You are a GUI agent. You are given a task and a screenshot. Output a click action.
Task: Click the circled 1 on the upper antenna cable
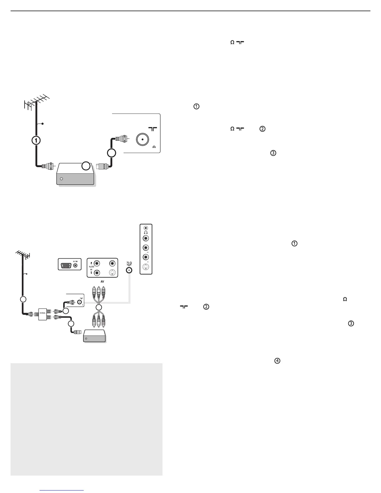click(x=36, y=140)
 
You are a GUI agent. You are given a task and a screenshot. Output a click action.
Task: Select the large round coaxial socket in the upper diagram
click(x=142, y=140)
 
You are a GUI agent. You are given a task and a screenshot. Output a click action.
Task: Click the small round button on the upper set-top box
click(x=61, y=179)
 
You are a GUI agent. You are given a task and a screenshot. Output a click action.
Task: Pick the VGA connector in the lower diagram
click(x=65, y=266)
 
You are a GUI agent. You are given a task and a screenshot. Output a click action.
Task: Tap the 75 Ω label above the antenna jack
click(x=129, y=263)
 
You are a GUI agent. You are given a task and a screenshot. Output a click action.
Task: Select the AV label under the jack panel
click(x=102, y=281)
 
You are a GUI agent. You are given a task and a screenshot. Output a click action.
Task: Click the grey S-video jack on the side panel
click(x=146, y=267)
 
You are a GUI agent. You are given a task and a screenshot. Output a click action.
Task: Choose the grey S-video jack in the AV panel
click(x=112, y=273)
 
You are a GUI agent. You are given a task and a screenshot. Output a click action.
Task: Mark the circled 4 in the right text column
click(x=277, y=361)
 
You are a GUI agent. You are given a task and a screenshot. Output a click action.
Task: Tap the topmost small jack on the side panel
click(x=146, y=228)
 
